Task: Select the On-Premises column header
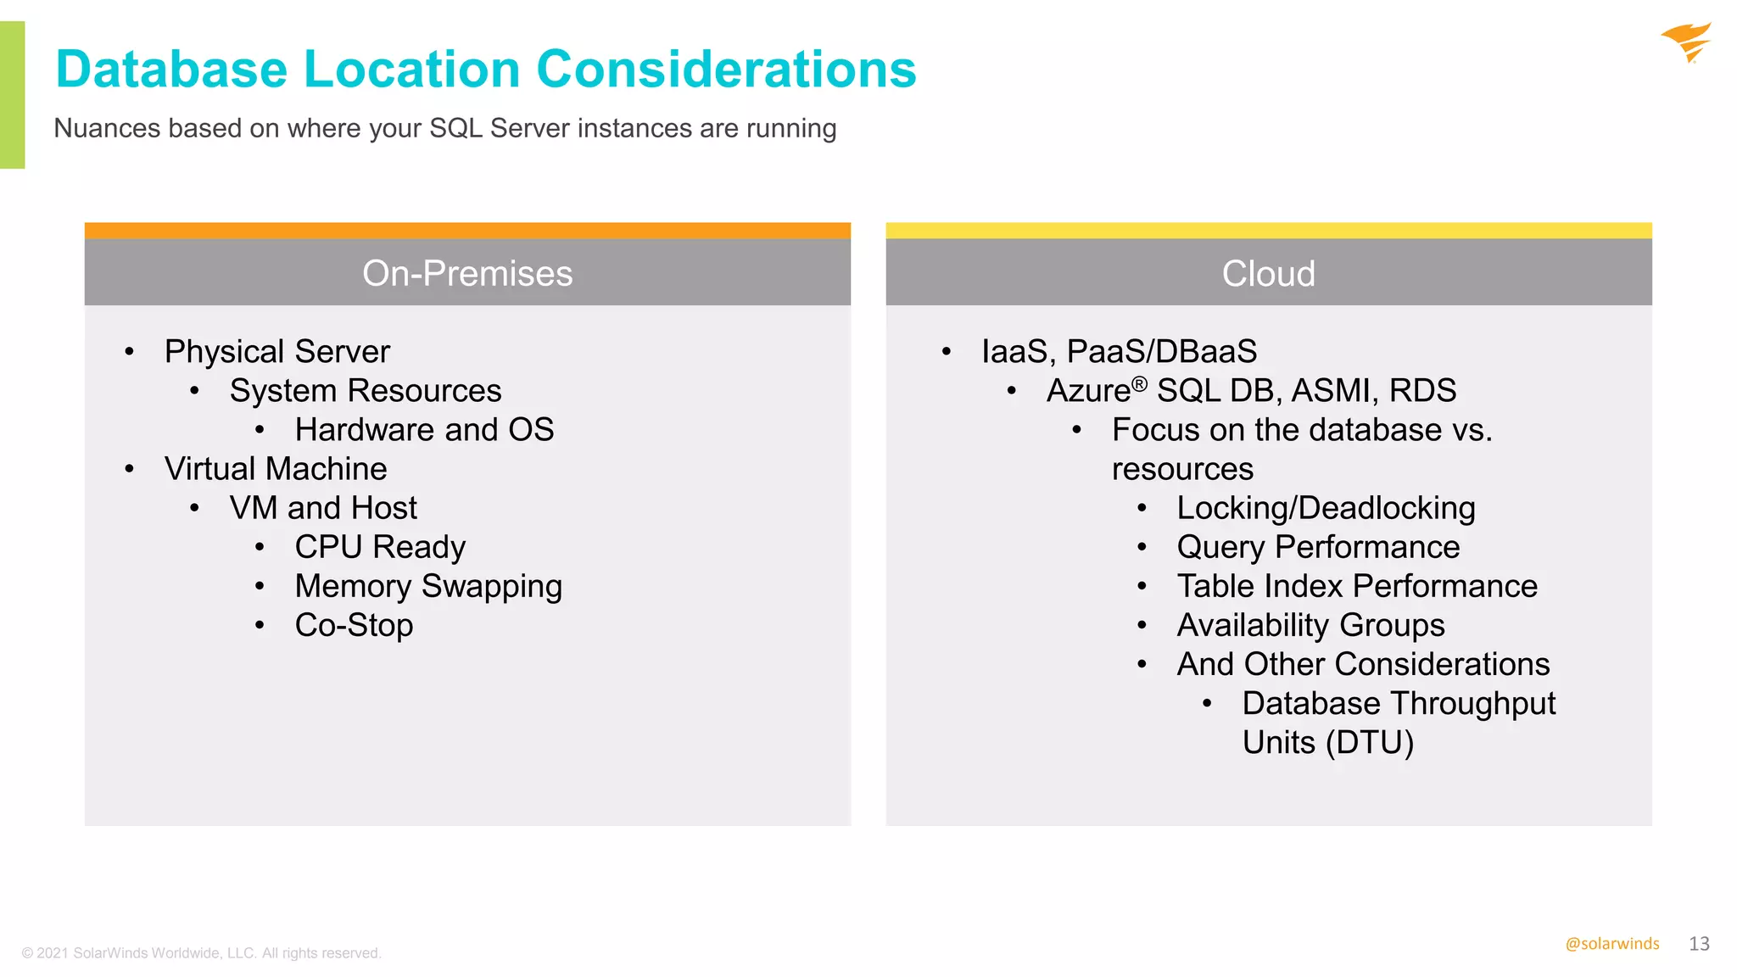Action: coord(467,273)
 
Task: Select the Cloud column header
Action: coord(1268,273)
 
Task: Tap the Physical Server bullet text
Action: coord(276,351)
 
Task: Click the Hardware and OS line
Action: coord(424,429)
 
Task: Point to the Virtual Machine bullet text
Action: coord(276,468)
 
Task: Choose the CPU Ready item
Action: coord(380,547)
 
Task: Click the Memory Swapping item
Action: coord(428,586)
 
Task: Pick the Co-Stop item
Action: coord(354,625)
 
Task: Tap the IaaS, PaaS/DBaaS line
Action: coord(1119,351)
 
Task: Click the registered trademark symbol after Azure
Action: coord(1140,384)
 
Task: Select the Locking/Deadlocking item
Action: coord(1326,508)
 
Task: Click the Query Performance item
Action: coord(1318,547)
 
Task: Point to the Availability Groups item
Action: coord(1310,625)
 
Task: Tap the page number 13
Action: coord(1699,944)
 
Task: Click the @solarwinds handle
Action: coord(1611,944)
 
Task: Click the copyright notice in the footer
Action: coord(201,953)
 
